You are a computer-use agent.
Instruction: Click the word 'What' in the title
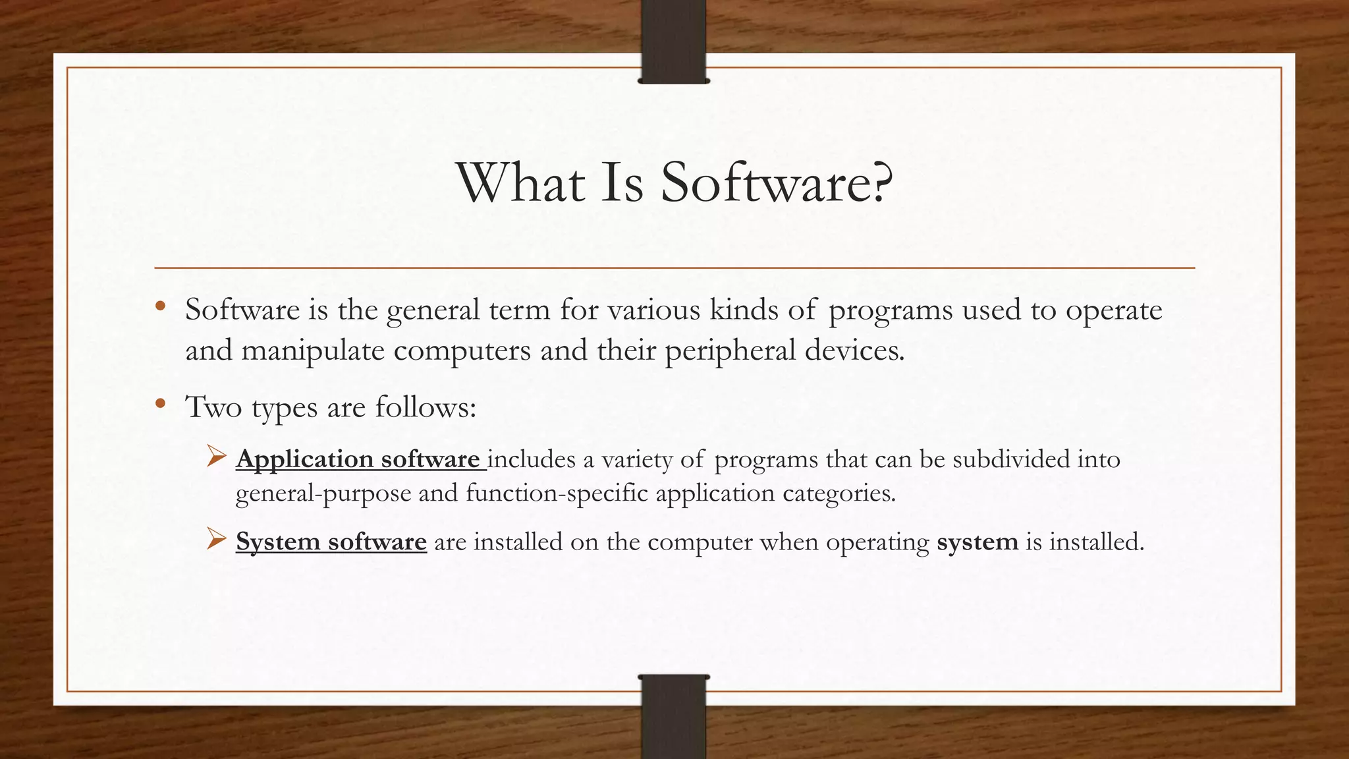click(x=520, y=183)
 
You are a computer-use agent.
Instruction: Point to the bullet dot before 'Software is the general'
click(x=159, y=306)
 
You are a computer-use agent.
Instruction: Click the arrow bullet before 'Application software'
click(x=216, y=456)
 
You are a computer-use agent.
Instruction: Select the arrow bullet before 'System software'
click(x=216, y=539)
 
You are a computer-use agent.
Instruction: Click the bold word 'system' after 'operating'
click(x=977, y=542)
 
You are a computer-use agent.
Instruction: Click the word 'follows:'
click(x=426, y=407)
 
